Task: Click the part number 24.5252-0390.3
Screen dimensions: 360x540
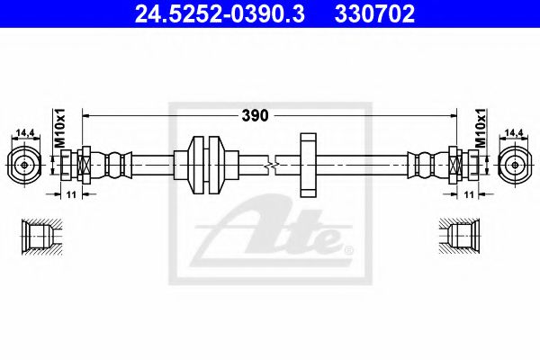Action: pos(213,14)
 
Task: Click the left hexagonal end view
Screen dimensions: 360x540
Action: pos(23,165)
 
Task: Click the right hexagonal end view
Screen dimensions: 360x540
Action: pos(515,165)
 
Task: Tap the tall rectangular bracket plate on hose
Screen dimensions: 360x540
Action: pos(308,164)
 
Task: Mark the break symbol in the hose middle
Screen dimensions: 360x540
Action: pos(273,165)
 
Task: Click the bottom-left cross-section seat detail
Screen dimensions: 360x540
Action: pos(38,235)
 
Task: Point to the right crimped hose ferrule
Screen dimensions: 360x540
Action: pos(423,165)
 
